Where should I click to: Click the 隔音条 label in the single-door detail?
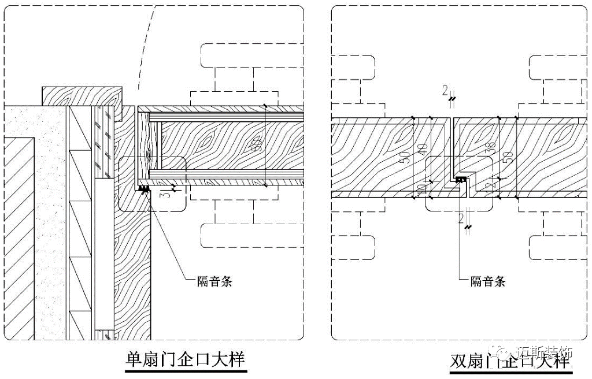(x=214, y=282)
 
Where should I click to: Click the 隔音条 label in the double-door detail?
(x=488, y=282)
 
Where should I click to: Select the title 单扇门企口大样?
(x=185, y=360)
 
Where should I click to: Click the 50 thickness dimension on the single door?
(x=256, y=146)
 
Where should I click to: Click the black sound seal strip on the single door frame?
(x=143, y=188)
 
